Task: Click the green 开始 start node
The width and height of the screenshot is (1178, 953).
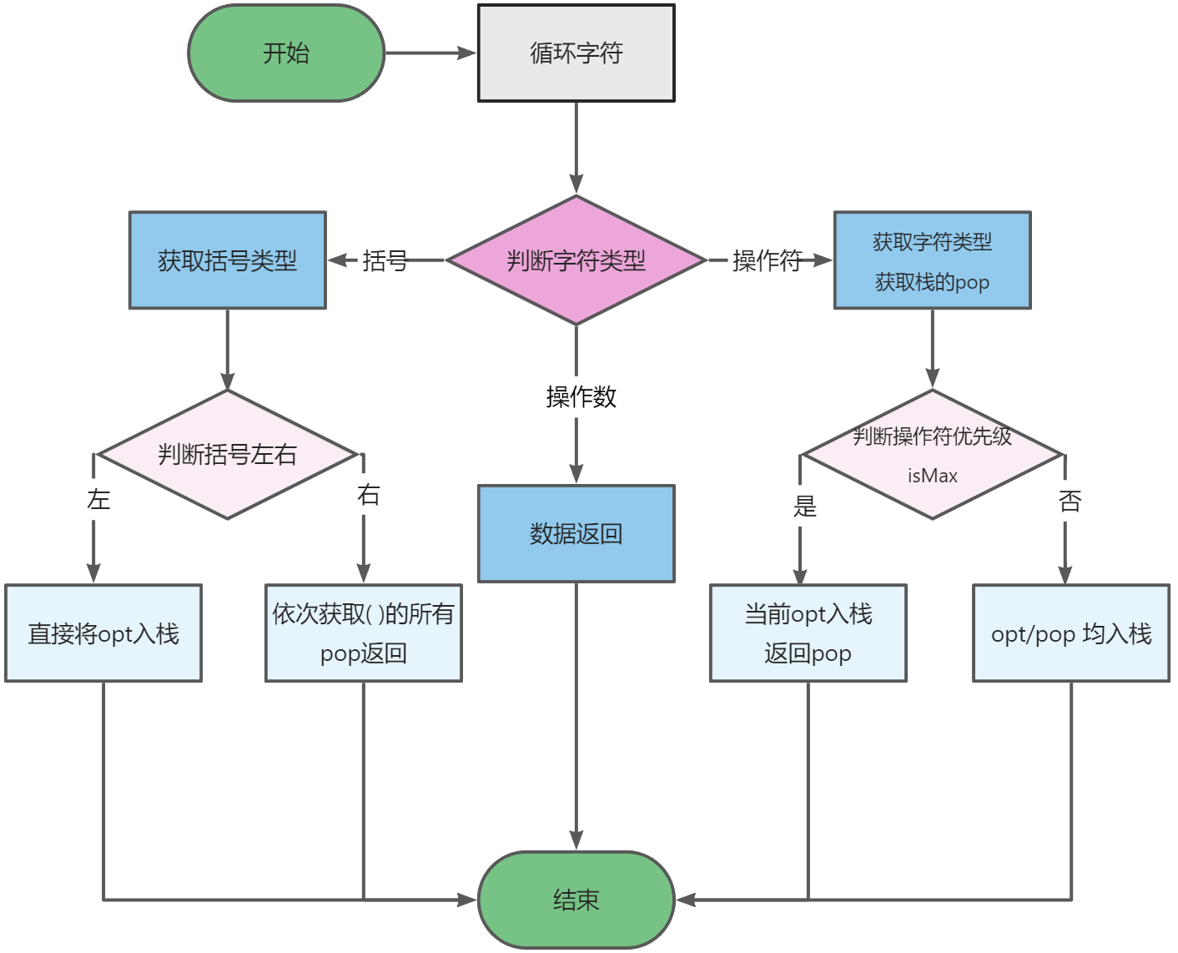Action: (x=286, y=53)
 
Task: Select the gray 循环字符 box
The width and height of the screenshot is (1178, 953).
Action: (x=576, y=53)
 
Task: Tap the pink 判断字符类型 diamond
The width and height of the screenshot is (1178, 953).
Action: (x=576, y=260)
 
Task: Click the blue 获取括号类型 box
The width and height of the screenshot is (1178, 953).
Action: (x=227, y=260)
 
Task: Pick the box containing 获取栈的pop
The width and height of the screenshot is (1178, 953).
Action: (x=932, y=260)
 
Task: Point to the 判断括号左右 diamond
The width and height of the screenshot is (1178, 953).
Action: (x=227, y=455)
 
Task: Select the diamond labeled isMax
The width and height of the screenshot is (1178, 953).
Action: (x=932, y=455)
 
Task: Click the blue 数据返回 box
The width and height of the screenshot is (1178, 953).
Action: (x=576, y=533)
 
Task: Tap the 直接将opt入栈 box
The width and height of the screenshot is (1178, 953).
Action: (x=103, y=633)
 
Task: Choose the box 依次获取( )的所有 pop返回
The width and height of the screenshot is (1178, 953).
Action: (x=363, y=633)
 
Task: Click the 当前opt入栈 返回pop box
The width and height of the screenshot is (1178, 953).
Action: (x=808, y=633)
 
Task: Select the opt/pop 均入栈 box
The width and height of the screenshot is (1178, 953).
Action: (x=1071, y=633)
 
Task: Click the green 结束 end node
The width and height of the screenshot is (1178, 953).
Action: (x=576, y=900)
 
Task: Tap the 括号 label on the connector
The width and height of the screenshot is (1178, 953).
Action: (x=385, y=261)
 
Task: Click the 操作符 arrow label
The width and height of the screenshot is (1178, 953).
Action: (x=767, y=261)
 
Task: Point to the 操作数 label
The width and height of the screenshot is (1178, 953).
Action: (x=581, y=396)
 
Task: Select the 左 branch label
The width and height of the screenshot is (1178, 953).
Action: (x=98, y=500)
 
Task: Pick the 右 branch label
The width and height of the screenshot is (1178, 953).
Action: (x=368, y=495)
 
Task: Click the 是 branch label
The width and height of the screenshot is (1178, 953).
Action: (x=804, y=506)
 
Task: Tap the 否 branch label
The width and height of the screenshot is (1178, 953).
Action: (x=1070, y=502)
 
